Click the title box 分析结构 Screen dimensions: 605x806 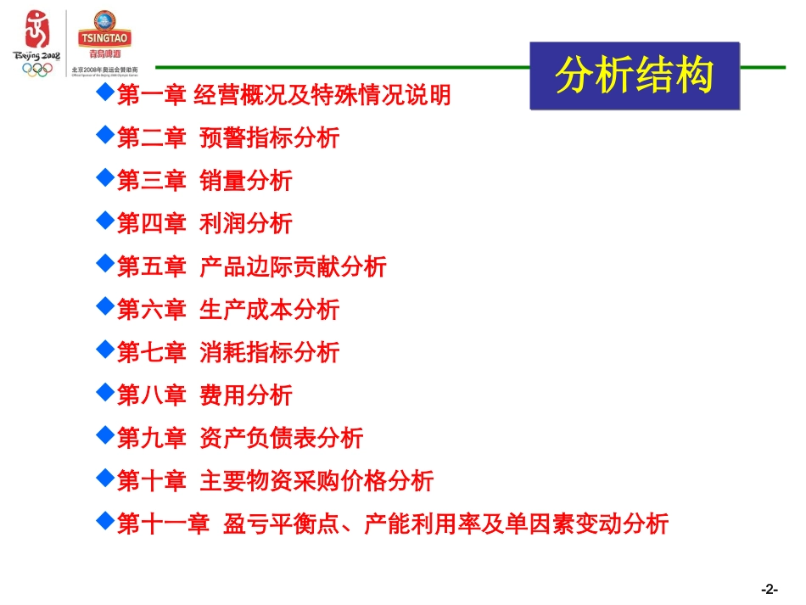tap(635, 76)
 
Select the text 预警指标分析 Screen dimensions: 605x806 tap(269, 137)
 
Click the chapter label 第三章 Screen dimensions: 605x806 tap(151, 181)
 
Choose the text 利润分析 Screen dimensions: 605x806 tap(245, 223)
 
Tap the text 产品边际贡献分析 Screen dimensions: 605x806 tap(293, 266)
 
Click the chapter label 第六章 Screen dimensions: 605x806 tap(151, 310)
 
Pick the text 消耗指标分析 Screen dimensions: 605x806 tap(269, 352)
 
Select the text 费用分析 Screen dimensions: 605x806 tap(245, 395)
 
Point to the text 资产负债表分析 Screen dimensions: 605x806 tap(281, 438)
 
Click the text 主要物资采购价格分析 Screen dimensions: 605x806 tap(316, 481)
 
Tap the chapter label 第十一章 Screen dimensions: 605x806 tap(163, 524)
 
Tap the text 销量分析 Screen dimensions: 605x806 tap(245, 181)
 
